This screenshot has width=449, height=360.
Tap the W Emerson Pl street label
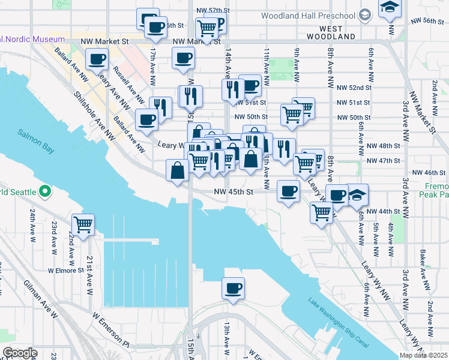pyautogui.click(x=110, y=329)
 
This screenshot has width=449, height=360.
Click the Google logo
pyautogui.click(x=20, y=352)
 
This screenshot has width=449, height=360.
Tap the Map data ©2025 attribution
pyautogui.click(x=423, y=355)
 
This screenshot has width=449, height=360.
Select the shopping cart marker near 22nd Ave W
pyautogui.click(x=83, y=225)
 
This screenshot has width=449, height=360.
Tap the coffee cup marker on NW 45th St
pyautogui.click(x=288, y=191)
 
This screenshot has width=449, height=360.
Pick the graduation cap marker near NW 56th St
pyautogui.click(x=390, y=8)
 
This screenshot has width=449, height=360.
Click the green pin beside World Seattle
pyautogui.click(x=44, y=192)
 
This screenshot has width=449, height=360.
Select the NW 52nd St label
pyautogui.click(x=355, y=87)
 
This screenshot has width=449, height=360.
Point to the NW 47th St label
pyautogui.click(x=383, y=161)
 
